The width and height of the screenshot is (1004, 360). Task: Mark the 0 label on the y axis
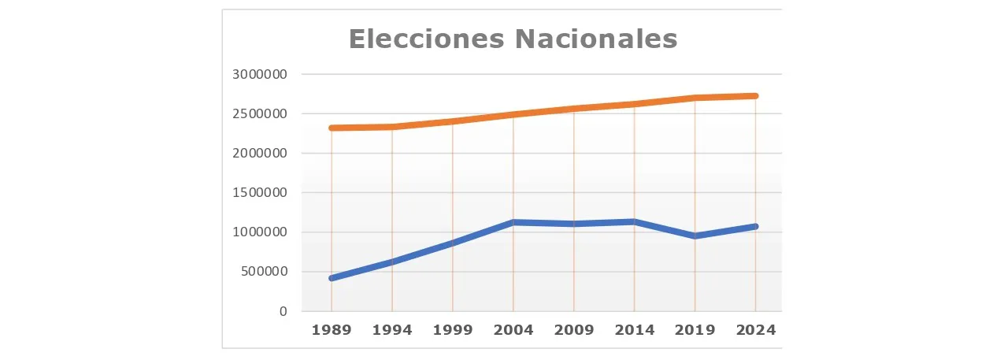(x=283, y=311)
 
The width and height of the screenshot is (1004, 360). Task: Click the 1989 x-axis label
(x=332, y=330)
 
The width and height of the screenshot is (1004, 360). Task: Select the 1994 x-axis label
(x=392, y=330)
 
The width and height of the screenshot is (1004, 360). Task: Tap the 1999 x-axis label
(x=453, y=330)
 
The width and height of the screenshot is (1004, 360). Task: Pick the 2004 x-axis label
(x=513, y=330)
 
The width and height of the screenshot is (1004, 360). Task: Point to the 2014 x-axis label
(x=635, y=330)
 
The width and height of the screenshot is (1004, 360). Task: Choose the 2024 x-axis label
(x=756, y=330)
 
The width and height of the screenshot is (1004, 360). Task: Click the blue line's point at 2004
(x=513, y=222)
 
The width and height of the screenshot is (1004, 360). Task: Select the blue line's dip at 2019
(x=695, y=236)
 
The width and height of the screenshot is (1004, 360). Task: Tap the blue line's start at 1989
(x=332, y=278)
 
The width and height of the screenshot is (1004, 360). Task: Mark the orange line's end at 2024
(x=756, y=96)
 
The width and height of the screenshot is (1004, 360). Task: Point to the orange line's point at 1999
(x=453, y=121)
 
